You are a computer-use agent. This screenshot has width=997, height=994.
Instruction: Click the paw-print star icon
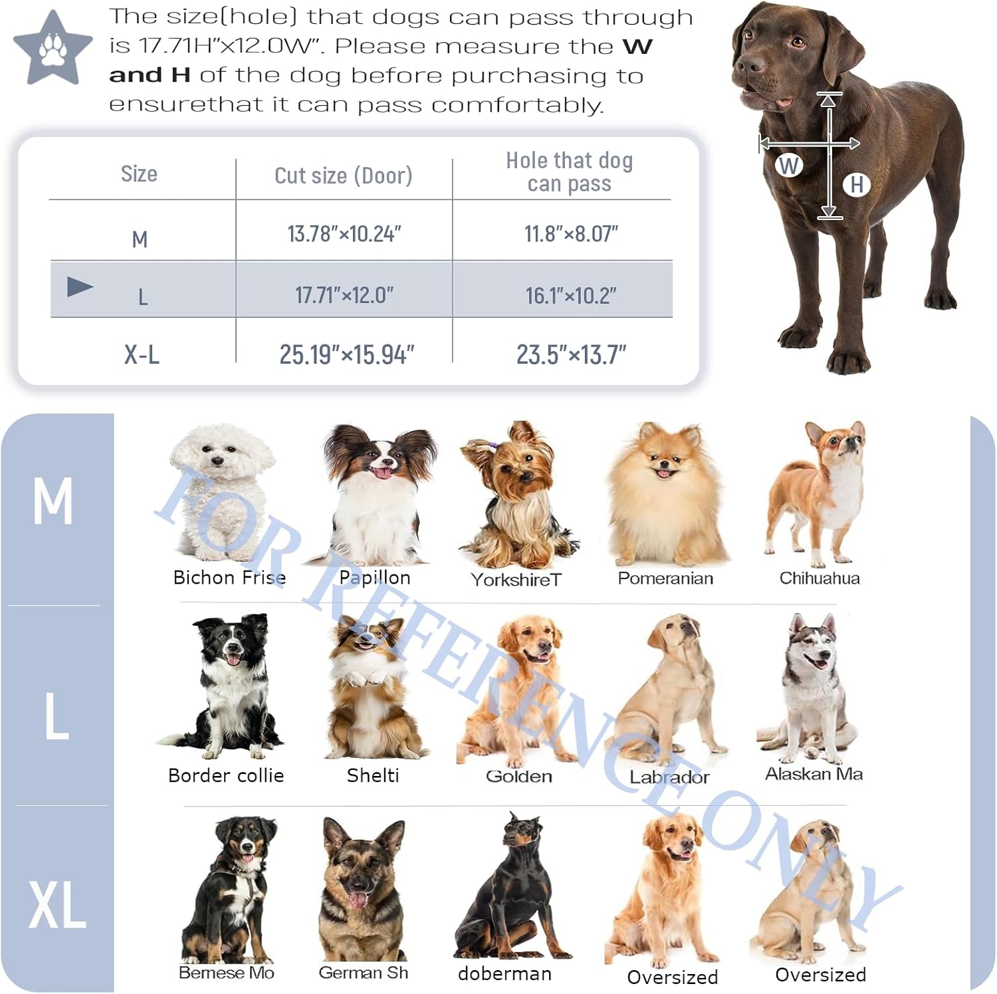coord(53,49)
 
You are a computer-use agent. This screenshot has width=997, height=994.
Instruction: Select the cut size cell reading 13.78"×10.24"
coord(344,234)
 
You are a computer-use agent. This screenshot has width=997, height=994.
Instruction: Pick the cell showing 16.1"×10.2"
coord(571,295)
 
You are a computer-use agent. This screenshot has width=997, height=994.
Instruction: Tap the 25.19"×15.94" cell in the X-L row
coord(346,354)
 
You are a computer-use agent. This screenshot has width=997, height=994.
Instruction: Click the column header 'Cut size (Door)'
coord(343,176)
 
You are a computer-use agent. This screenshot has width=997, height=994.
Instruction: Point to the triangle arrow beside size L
coord(80,287)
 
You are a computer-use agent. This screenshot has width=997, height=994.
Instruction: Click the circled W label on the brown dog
coord(789,166)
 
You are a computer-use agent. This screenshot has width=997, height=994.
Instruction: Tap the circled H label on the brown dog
coord(857,185)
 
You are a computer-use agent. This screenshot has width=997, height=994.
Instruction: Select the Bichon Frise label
coord(229,578)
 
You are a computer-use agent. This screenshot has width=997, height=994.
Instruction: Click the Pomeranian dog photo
coord(667,495)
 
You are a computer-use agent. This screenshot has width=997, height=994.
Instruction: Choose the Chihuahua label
coord(820,578)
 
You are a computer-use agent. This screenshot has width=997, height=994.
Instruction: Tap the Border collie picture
coord(223,687)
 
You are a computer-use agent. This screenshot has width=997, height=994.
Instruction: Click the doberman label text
coord(504,973)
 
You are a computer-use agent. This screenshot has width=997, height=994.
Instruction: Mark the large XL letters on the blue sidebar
coord(57,905)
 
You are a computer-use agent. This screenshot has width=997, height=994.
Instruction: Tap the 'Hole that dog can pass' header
coord(570,172)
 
